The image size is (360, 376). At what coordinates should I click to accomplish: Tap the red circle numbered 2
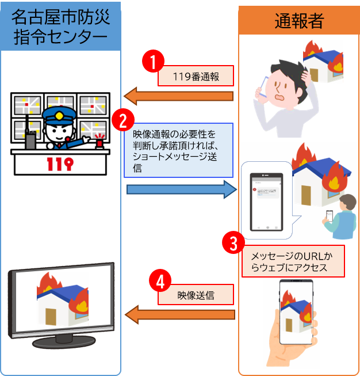tap(122, 120)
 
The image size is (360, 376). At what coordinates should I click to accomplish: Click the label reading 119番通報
tap(196, 76)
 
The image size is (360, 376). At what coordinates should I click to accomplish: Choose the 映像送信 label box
tap(196, 295)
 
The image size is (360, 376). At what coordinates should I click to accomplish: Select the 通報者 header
tap(298, 21)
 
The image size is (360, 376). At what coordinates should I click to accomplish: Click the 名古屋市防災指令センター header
tap(60, 28)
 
